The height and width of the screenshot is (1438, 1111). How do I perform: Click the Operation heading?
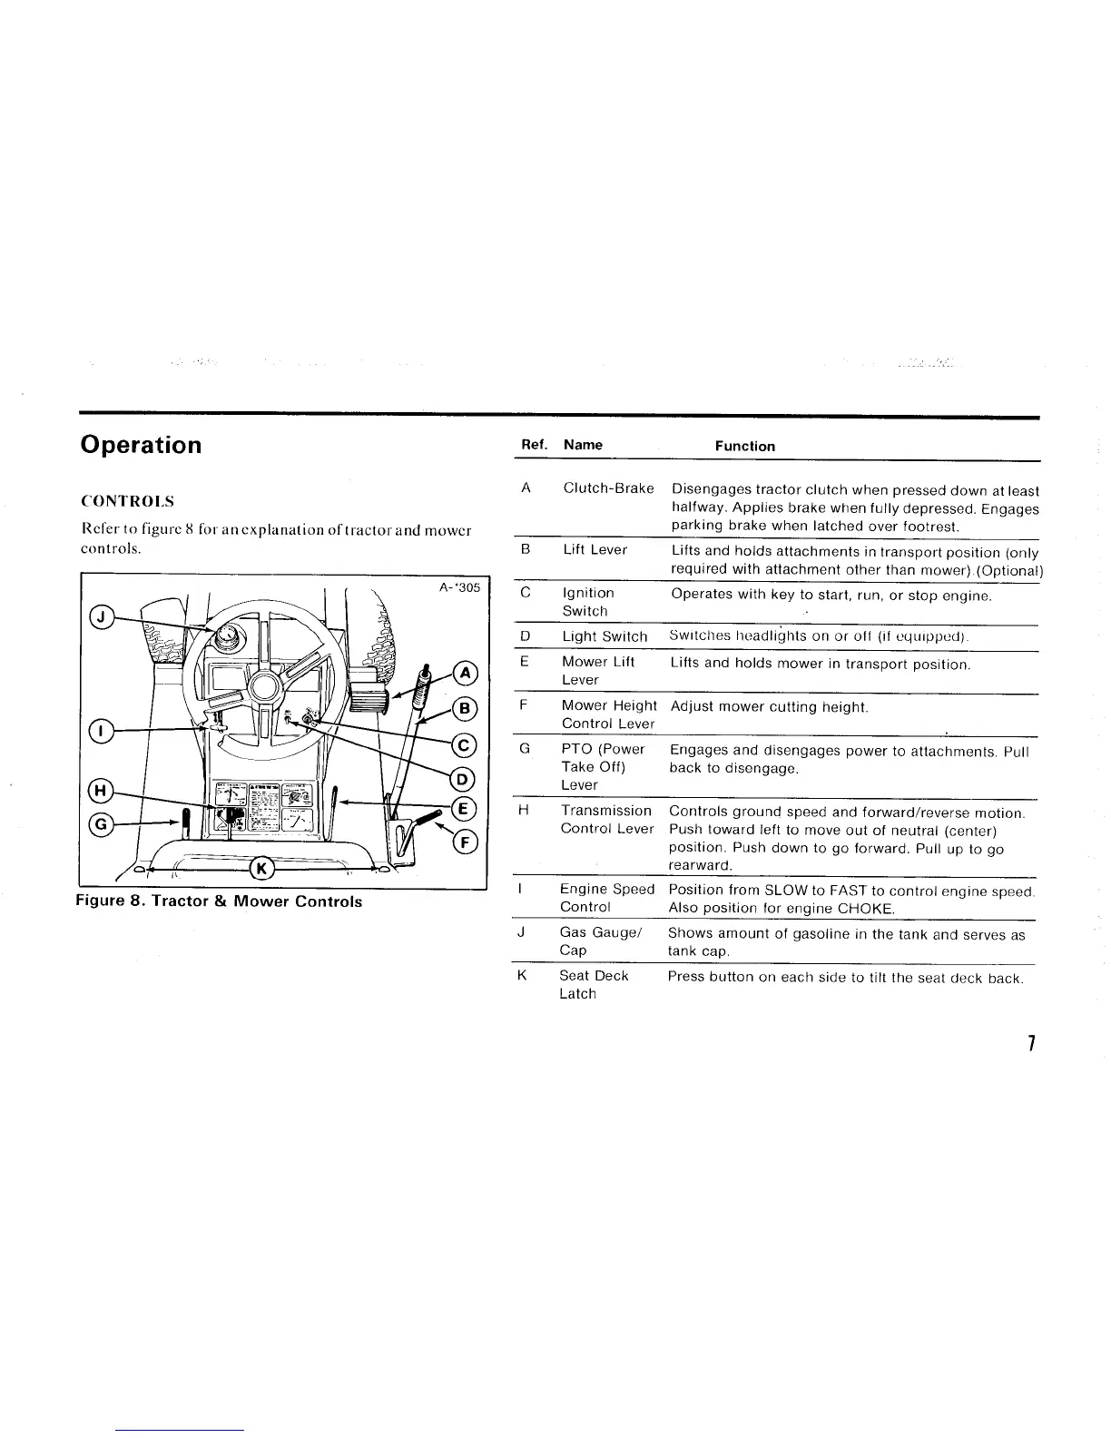pyautogui.click(x=141, y=445)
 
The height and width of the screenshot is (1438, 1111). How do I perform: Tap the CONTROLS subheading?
pyautogui.click(x=127, y=501)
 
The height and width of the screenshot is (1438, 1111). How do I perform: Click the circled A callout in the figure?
pyautogui.click(x=466, y=674)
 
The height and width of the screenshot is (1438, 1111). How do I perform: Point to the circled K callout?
pyautogui.click(x=261, y=869)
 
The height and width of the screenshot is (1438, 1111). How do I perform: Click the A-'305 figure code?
pyautogui.click(x=459, y=587)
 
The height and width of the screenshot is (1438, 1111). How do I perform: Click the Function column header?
pyautogui.click(x=744, y=446)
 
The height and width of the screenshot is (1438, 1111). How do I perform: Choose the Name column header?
pyautogui.click(x=583, y=445)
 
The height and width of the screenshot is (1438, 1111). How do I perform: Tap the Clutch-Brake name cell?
pyautogui.click(x=608, y=488)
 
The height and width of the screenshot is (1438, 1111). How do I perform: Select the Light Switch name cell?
pyautogui.click(x=605, y=636)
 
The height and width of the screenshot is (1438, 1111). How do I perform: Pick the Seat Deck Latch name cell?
pyautogui.click(x=594, y=985)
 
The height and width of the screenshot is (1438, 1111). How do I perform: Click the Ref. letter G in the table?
pyautogui.click(x=525, y=749)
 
